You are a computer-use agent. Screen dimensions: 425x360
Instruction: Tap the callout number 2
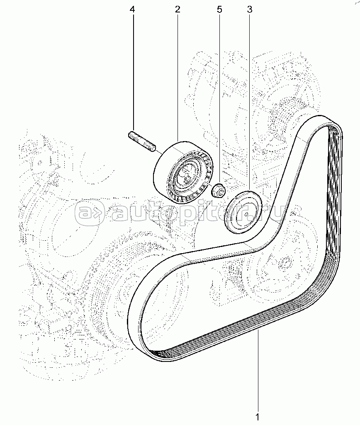coord(178,9)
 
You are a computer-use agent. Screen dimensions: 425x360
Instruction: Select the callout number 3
coord(249,9)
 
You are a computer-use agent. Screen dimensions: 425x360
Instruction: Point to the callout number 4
coord(132,9)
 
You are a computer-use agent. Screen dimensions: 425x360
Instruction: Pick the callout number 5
coord(219,9)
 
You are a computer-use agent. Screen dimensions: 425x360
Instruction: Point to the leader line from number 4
coord(133,71)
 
